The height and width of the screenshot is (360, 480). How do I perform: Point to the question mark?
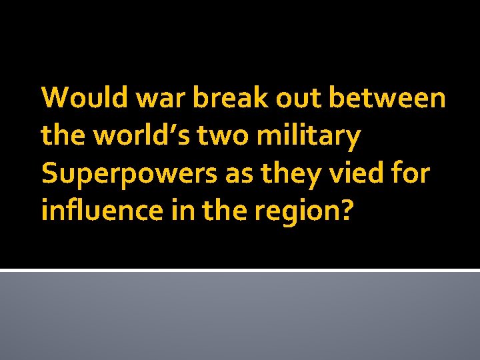347,212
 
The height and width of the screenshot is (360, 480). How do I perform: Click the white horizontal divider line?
240,270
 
